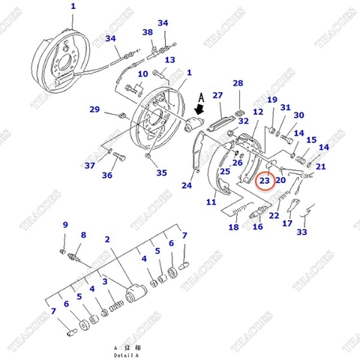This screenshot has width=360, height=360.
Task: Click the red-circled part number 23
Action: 265,181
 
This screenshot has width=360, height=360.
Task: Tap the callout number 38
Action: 148,32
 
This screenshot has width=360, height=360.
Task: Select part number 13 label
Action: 170,60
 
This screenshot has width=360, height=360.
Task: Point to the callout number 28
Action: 238,83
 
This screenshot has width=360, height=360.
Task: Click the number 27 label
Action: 217,96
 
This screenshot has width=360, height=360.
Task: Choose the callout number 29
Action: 94,110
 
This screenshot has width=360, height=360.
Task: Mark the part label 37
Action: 89,166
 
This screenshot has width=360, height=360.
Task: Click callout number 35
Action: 161,173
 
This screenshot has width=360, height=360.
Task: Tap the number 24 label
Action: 187,186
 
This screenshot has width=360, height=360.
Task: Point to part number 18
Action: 233,227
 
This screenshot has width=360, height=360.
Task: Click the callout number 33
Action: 301,232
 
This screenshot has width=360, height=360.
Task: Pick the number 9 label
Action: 64,225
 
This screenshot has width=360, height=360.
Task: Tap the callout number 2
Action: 108,240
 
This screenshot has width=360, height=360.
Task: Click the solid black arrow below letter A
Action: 199,112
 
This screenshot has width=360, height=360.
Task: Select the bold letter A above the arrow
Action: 200,96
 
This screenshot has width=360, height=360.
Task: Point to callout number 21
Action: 320,166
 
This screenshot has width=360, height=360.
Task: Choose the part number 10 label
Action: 142,74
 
